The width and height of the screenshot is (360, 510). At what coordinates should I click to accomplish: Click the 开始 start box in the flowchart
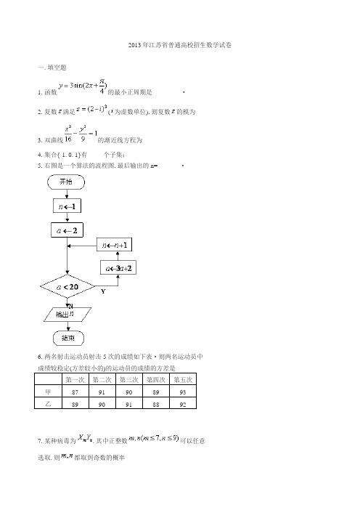66,182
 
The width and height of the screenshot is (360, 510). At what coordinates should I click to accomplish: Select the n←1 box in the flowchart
67,206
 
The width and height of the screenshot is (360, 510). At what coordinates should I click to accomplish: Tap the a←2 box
67,230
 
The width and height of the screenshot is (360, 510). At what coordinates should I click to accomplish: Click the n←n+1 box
115,245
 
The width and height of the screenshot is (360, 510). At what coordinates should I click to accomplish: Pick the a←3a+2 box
118,268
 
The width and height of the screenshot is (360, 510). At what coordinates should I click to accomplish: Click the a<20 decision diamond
67,286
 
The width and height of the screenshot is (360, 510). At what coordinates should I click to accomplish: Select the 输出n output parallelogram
67,314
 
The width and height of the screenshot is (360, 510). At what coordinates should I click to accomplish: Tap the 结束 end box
68,339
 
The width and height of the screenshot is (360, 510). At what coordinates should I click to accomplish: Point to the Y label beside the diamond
103,291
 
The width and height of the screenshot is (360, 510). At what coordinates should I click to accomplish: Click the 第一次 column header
75,379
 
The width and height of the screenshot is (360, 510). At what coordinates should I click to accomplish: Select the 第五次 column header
183,379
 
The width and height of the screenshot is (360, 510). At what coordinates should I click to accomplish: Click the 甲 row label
48,392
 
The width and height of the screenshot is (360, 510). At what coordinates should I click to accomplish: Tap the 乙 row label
48,404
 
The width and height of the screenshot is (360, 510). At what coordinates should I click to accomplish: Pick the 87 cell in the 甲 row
75,392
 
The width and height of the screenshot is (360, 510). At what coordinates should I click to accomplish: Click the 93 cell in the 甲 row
183,392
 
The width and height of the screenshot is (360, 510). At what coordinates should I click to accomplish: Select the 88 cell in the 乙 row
155,405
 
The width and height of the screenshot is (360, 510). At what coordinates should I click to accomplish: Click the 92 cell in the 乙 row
183,405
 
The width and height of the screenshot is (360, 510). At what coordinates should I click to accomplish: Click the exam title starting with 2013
180,45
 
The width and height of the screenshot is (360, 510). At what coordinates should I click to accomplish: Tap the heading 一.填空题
52,68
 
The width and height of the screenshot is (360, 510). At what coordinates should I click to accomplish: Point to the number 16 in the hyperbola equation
68,139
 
